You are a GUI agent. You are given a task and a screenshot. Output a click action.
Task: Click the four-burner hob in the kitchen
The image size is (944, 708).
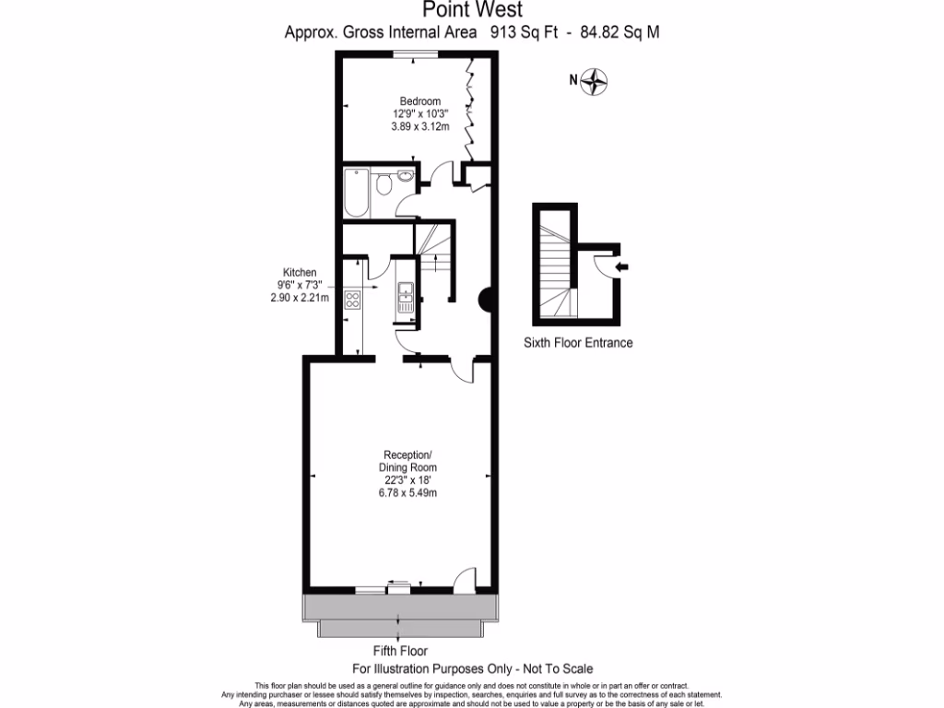pyautogui.click(x=351, y=298)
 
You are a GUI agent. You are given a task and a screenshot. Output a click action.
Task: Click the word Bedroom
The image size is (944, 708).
pyautogui.click(x=419, y=101)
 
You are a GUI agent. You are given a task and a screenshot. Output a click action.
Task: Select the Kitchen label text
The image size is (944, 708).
pyautogui.click(x=300, y=273)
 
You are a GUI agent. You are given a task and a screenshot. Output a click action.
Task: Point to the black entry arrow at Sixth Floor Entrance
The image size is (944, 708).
pyautogui.click(x=622, y=267)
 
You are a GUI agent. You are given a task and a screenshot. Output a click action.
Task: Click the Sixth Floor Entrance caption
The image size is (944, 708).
pyautogui.click(x=578, y=343)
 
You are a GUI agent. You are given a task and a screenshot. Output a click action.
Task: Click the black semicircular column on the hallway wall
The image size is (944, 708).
pyautogui.click(x=486, y=299)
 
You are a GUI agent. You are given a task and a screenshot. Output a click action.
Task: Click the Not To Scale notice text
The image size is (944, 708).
pyautogui.click(x=553, y=668)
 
